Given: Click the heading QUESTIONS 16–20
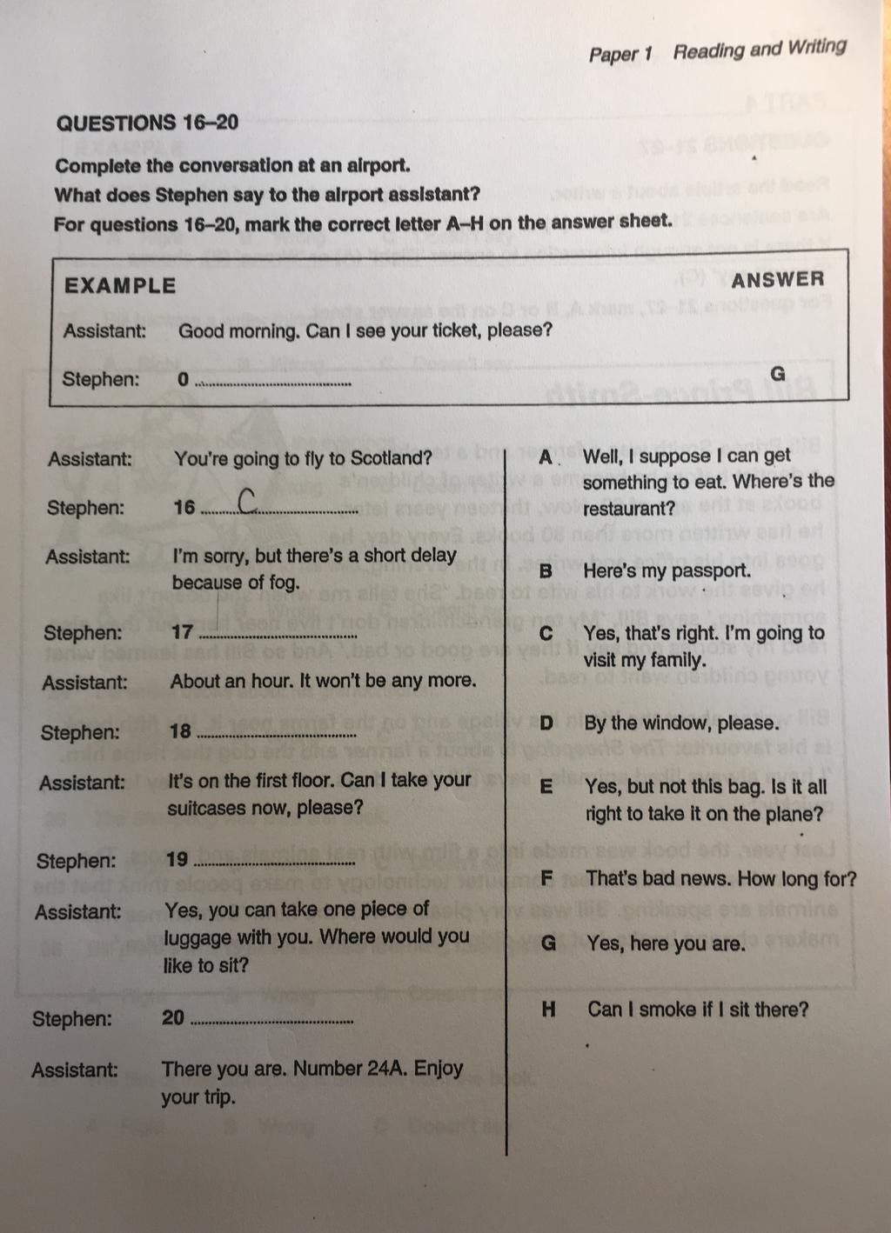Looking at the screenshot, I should (147, 123).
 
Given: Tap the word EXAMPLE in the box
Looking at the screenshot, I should (120, 286).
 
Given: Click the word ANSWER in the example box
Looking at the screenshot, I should (777, 280).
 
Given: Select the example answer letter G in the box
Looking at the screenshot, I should (778, 374).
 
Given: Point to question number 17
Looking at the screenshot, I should (182, 632).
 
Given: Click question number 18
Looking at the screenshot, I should (180, 731).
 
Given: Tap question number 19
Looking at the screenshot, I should (177, 860).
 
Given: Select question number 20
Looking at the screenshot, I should (173, 1017).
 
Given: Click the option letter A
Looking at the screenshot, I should (546, 457).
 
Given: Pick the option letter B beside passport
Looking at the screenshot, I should (546, 571).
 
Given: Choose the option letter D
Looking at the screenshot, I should (546, 723).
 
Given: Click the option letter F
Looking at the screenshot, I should (546, 878).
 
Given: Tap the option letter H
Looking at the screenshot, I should (548, 1010).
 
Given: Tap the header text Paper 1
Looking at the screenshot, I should (620, 54).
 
